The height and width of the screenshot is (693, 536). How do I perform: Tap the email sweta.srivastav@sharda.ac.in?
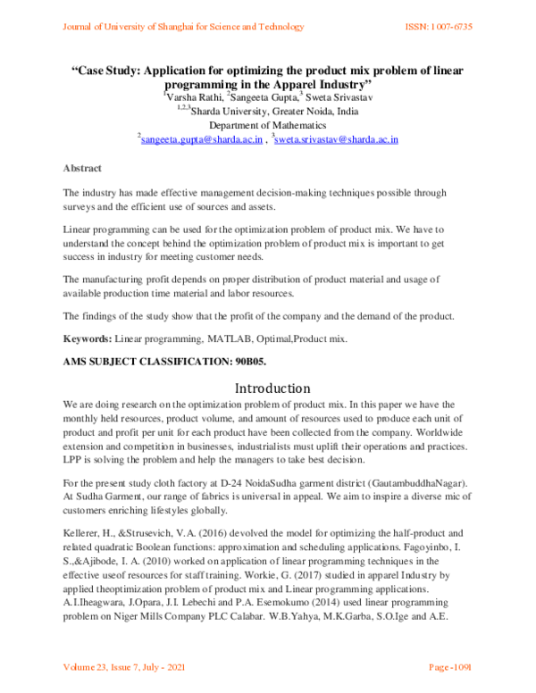pyautogui.click(x=339, y=139)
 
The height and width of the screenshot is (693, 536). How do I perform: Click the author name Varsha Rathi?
pyautogui.click(x=194, y=96)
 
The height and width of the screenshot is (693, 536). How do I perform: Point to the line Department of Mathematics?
pyautogui.click(x=267, y=125)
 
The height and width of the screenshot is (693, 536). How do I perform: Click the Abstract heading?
pyautogui.click(x=82, y=168)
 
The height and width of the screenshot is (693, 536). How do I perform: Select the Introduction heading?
pyautogui.click(x=272, y=388)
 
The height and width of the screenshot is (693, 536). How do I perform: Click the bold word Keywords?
pyautogui.click(x=87, y=340)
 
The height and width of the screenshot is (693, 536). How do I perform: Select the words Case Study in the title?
pyautogui.click(x=106, y=69)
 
